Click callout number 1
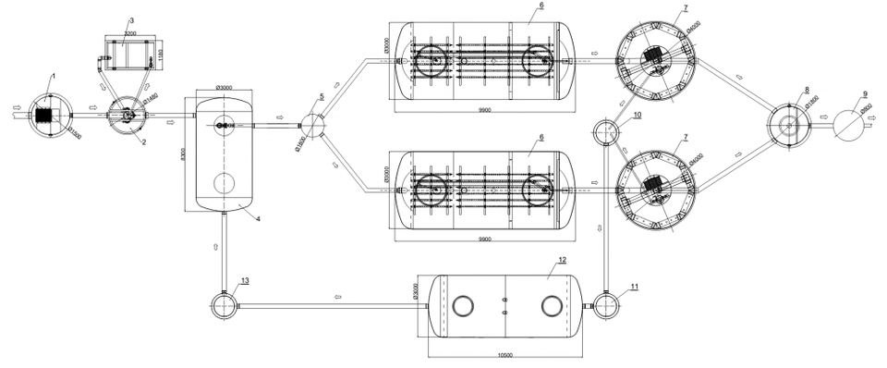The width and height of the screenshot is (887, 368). point(55,73)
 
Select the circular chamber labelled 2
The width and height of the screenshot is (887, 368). point(125,117)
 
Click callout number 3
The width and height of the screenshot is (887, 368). point(131,19)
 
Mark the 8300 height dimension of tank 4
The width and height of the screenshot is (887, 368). point(185,151)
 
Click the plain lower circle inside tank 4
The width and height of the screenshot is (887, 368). point(224,182)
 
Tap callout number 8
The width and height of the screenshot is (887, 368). point(807,90)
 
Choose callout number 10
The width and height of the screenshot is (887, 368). point(637,115)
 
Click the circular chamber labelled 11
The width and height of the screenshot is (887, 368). point(606,304)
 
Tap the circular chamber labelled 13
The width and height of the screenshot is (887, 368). point(224,304)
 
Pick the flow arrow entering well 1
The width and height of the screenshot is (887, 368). point(17,117)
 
